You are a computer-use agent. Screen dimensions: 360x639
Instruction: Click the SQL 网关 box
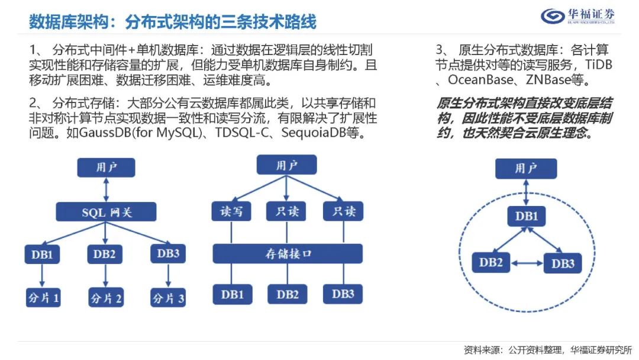[106, 212]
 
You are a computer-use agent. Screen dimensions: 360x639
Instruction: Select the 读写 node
[231, 211]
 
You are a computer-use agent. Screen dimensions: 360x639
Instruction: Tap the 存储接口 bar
[288, 253]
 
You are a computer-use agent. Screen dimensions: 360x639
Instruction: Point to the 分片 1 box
[43, 297]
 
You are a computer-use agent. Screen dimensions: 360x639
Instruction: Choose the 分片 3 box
[168, 297]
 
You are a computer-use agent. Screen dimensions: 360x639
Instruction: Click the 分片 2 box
[106, 297]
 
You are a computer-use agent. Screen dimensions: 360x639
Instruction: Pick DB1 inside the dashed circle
[526, 216]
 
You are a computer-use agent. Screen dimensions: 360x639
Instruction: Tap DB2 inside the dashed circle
[491, 262]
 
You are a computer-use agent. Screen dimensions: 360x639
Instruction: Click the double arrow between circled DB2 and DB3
[527, 263]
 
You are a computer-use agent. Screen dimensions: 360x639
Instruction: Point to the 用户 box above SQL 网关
[106, 168]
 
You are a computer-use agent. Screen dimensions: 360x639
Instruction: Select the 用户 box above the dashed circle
[525, 169]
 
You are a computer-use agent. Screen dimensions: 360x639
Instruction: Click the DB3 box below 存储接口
[343, 294]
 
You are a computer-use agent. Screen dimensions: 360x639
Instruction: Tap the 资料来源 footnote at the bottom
[547, 349]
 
